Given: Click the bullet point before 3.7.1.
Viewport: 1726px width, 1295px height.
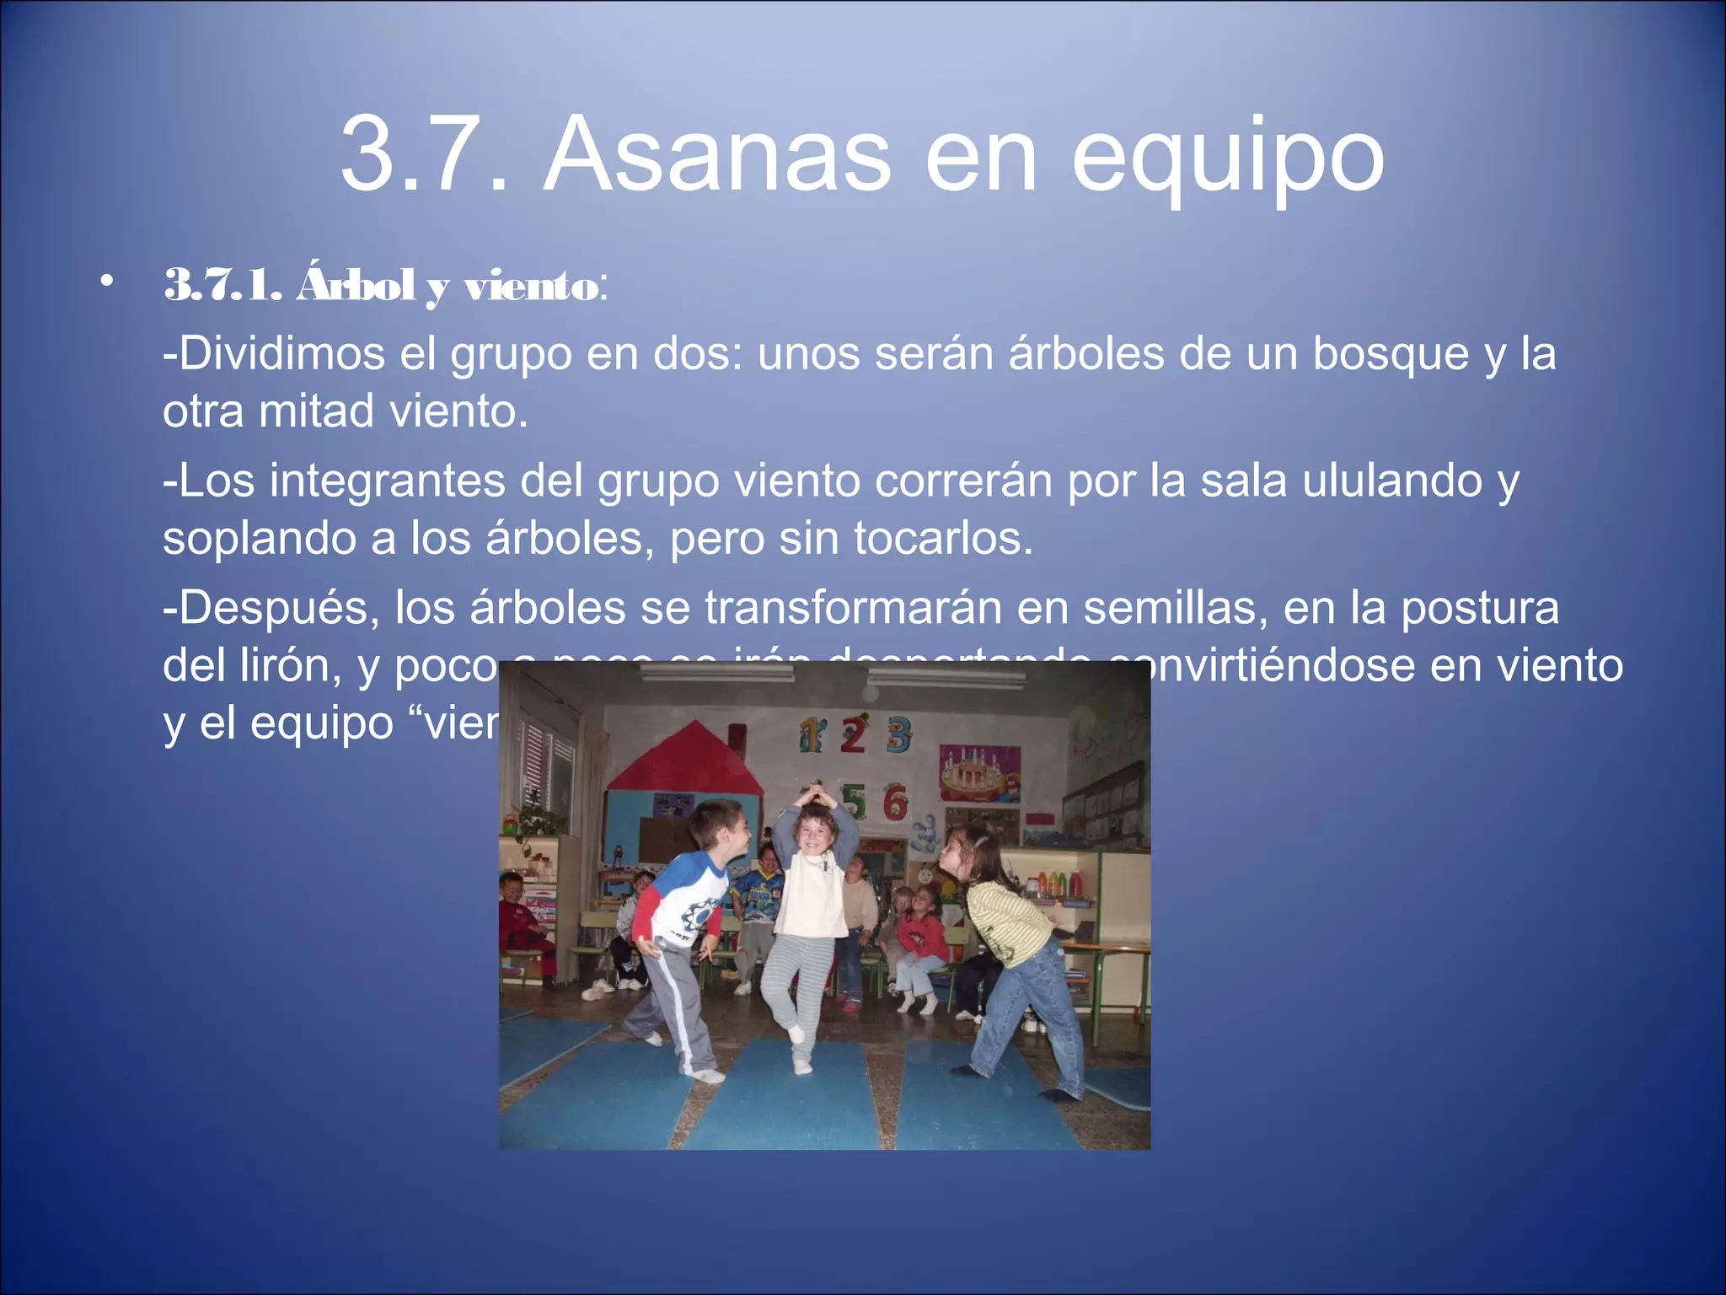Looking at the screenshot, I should point(105,282).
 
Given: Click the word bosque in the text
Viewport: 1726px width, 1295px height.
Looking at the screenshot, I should point(1391,354).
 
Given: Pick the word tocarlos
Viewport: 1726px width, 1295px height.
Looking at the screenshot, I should point(943,538).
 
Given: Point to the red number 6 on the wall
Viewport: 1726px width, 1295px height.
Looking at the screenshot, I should point(895,803).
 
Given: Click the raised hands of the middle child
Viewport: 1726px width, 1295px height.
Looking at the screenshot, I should point(814,795).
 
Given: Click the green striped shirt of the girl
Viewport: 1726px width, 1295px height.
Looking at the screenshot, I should point(1009,922).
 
